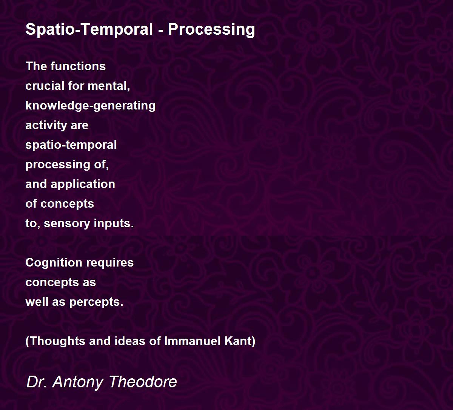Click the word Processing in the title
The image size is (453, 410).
pos(211,30)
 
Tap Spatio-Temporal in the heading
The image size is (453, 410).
pos(89,29)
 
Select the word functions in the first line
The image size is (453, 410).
pos(78,66)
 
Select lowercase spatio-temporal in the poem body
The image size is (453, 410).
pos(71,145)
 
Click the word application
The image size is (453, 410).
pos(83,185)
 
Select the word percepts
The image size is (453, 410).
pos(96,302)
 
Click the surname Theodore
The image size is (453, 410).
pos(143,382)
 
